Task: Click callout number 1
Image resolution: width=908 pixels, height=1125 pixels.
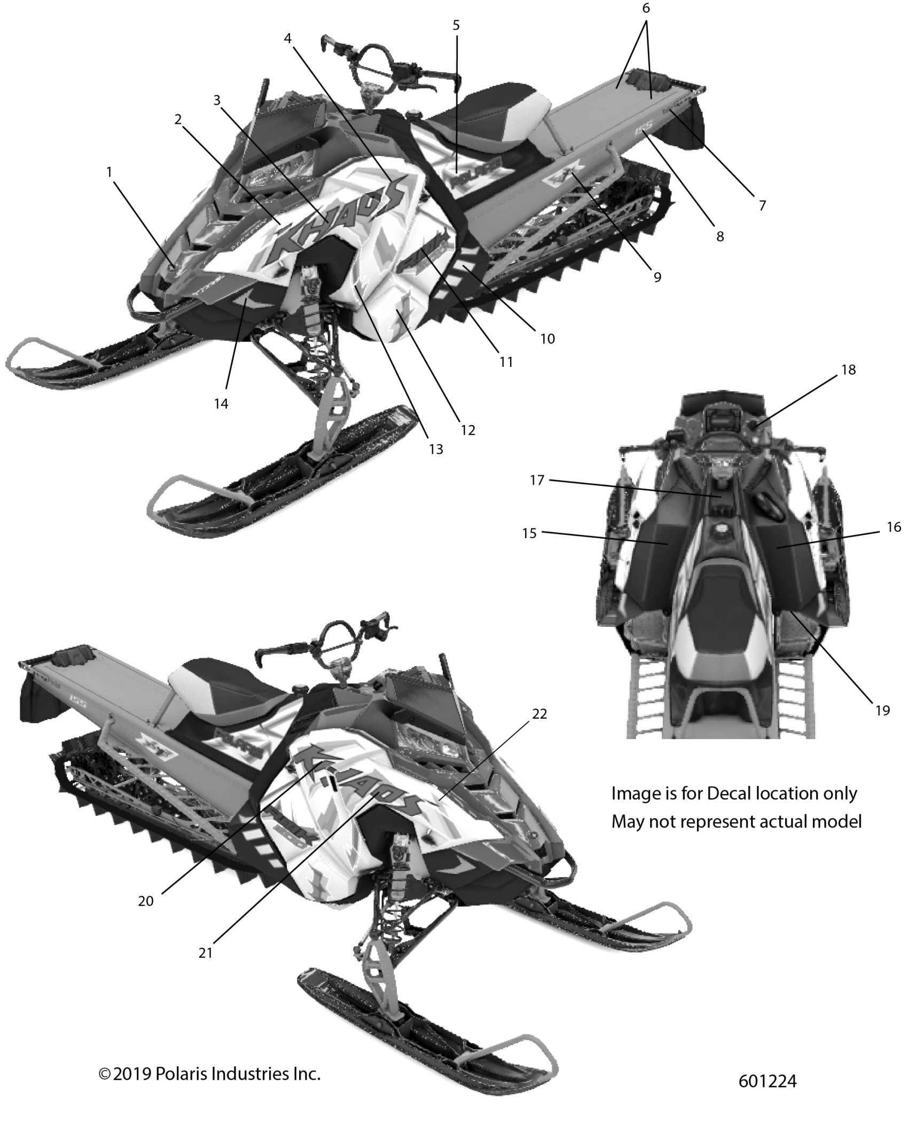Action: point(109,172)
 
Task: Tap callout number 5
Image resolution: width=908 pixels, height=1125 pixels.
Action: point(456,26)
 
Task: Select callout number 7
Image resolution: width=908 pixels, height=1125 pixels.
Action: point(762,205)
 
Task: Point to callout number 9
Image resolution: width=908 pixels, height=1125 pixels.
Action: point(657,277)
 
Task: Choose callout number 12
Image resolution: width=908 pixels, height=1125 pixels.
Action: point(468,430)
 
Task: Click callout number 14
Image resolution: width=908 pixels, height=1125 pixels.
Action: point(221,404)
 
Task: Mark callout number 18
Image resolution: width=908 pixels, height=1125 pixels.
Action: point(848,369)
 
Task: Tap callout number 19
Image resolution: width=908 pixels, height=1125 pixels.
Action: point(882,710)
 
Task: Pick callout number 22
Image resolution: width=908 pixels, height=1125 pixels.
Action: point(539,714)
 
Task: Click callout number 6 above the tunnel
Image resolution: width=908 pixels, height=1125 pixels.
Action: point(646,9)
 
